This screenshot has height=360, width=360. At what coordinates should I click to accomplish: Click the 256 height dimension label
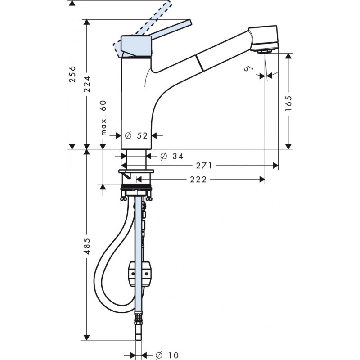(72, 74)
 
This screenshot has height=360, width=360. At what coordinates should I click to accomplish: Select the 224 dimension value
(87, 84)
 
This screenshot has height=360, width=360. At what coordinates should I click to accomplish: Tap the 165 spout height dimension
(288, 103)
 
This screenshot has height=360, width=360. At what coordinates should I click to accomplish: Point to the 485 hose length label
(87, 246)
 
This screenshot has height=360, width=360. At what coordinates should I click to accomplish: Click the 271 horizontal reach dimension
(204, 165)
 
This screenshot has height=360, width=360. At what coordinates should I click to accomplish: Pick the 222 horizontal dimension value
(198, 180)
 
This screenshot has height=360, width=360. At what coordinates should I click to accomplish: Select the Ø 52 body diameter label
(136, 136)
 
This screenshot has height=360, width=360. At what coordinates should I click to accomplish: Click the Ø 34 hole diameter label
(172, 156)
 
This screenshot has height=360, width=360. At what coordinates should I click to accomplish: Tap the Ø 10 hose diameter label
(167, 355)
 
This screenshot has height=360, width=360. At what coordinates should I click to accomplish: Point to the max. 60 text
(104, 118)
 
